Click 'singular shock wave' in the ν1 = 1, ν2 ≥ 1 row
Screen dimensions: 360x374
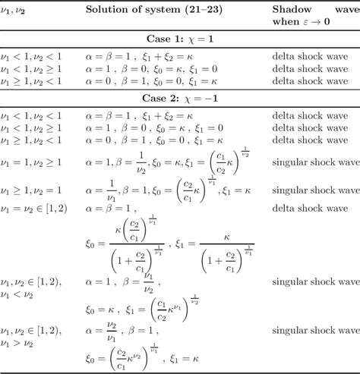click(x=314, y=161)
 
